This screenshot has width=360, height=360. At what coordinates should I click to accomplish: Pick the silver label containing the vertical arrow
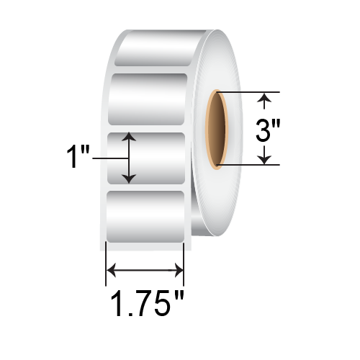[x=148, y=157]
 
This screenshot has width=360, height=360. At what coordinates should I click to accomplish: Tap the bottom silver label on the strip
[x=148, y=212]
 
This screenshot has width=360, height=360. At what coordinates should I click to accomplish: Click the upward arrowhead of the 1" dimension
[x=129, y=136]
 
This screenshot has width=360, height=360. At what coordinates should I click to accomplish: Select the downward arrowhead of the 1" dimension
[x=129, y=177]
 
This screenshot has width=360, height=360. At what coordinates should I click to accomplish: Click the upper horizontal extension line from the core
[x=245, y=91]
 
